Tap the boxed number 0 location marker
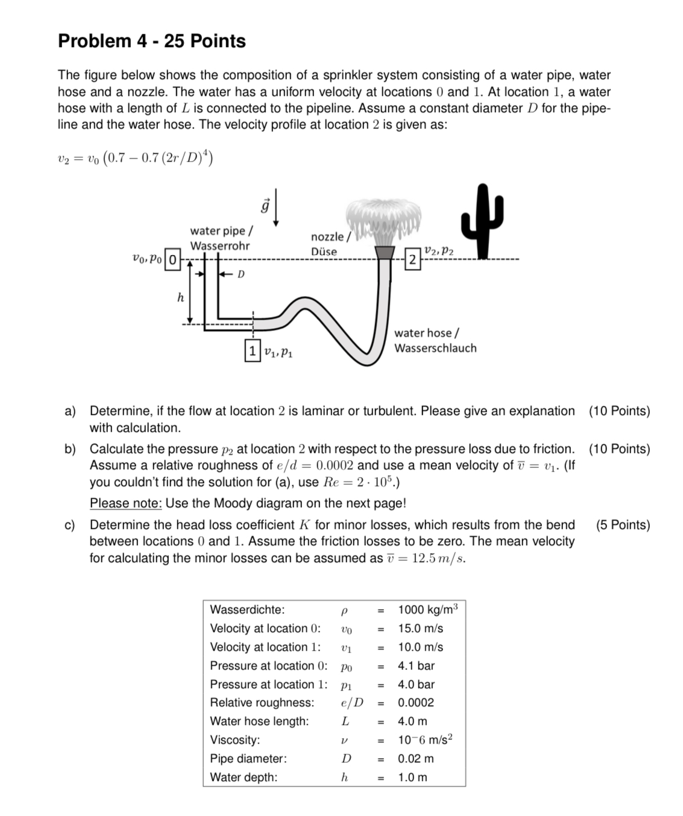pyautogui.click(x=172, y=260)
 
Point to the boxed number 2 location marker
pyautogui.click(x=412, y=260)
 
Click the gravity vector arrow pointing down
pyautogui.click(x=275, y=211)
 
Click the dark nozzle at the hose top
pyautogui.click(x=385, y=252)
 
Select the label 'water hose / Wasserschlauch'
pyautogui.click(x=435, y=340)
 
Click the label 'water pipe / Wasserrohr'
pyautogui.click(x=221, y=238)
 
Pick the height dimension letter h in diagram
pyautogui.click(x=180, y=297)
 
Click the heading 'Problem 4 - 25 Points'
pyautogui.click(x=152, y=41)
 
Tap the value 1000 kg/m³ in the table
pyautogui.click(x=427, y=609)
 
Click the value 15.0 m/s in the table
pyautogui.click(x=420, y=628)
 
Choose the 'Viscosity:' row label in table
pyautogui.click(x=235, y=739)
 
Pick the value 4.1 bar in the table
pyautogui.click(x=416, y=666)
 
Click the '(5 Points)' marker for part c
pyautogui.click(x=623, y=525)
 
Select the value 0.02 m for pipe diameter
pyautogui.click(x=415, y=758)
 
